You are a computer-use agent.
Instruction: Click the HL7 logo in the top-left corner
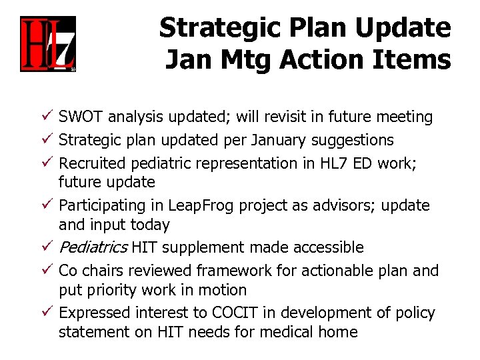click(x=47, y=45)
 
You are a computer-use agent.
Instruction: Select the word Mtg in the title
click(x=245, y=60)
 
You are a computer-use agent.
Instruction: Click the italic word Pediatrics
click(x=93, y=248)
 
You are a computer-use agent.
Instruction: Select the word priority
click(x=113, y=290)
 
